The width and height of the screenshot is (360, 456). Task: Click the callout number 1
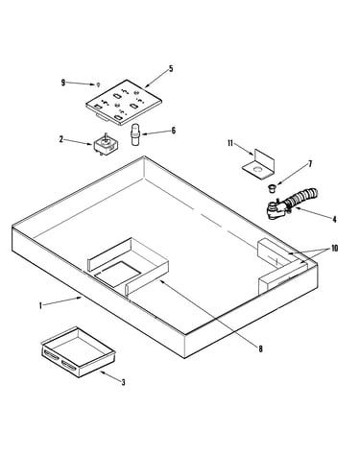pyautogui.click(x=40, y=306)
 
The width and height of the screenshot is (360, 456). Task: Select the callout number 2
pyautogui.click(x=61, y=139)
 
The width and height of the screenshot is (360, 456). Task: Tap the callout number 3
pyautogui.click(x=123, y=382)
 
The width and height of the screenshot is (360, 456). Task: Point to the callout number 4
pyautogui.click(x=334, y=220)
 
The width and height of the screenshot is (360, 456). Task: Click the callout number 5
pyautogui.click(x=171, y=69)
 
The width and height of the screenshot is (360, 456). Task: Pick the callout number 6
pyautogui.click(x=174, y=131)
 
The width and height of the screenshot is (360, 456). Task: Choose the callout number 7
pyautogui.click(x=310, y=164)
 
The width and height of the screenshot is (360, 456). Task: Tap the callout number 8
pyautogui.click(x=260, y=348)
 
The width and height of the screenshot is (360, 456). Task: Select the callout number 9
pyautogui.click(x=63, y=83)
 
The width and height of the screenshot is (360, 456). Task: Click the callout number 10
pyautogui.click(x=335, y=249)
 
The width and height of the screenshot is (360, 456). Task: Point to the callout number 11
pyautogui.click(x=230, y=143)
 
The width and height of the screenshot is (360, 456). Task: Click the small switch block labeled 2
pyautogui.click(x=106, y=145)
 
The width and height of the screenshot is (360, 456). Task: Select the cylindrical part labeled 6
pyautogui.click(x=136, y=134)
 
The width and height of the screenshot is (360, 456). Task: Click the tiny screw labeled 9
pyautogui.click(x=99, y=84)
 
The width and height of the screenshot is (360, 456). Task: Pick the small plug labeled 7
pyautogui.click(x=272, y=188)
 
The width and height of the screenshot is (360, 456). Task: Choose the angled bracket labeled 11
pyautogui.click(x=258, y=164)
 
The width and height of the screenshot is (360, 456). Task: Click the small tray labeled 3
pyautogui.click(x=78, y=352)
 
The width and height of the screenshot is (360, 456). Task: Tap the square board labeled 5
pyautogui.click(x=124, y=102)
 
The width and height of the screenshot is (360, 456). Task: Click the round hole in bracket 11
pyautogui.click(x=257, y=168)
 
